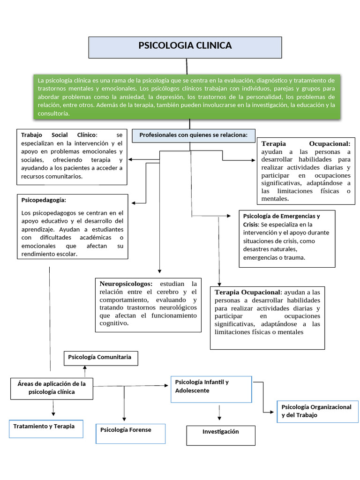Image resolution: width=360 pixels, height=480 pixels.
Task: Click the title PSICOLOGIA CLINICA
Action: point(185,45)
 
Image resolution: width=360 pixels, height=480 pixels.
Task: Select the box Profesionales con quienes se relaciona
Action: point(194,135)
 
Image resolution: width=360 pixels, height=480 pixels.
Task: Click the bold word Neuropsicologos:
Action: point(126,284)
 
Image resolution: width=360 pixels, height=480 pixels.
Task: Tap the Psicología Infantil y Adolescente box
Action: point(211,389)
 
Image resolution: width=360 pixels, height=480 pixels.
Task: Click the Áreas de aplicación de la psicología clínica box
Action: point(52,388)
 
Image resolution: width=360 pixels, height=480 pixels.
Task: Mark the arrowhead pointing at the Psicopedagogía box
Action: point(134,203)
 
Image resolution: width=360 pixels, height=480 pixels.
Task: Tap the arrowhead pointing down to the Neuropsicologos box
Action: point(160,271)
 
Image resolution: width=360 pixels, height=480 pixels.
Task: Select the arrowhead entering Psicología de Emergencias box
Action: point(229,216)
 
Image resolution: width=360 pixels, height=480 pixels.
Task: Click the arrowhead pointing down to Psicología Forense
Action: point(124,418)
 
